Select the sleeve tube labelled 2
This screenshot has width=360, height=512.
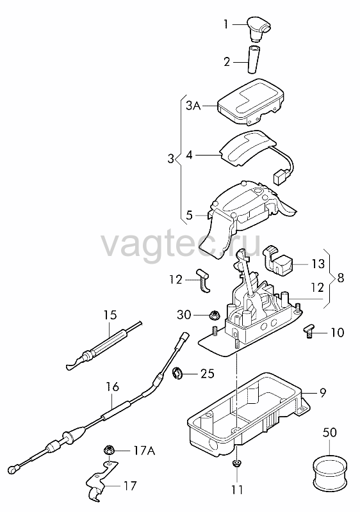(x=254, y=60)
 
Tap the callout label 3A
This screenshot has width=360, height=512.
(x=193, y=106)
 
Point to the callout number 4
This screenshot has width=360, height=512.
(x=190, y=155)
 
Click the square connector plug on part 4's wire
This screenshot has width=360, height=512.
(x=279, y=179)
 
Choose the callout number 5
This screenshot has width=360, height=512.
(x=190, y=215)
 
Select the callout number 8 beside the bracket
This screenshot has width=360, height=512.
(x=340, y=278)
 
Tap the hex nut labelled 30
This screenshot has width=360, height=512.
(x=215, y=316)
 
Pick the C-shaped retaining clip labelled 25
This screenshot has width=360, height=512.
(x=178, y=373)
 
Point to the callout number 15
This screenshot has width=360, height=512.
(x=110, y=315)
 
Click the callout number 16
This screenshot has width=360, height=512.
(x=112, y=387)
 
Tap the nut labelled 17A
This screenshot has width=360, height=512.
(x=108, y=451)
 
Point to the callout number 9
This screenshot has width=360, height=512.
(x=323, y=393)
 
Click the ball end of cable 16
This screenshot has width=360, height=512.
(x=13, y=470)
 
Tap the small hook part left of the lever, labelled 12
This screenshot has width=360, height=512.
(x=204, y=280)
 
